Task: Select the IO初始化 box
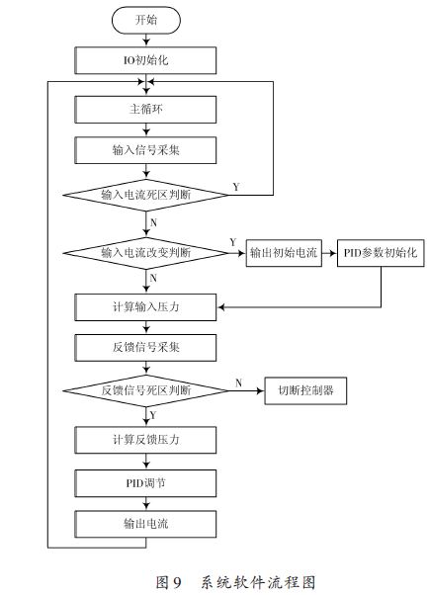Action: click(x=145, y=61)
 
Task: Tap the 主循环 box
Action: click(x=145, y=108)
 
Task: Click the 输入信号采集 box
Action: click(x=145, y=150)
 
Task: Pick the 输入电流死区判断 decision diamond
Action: click(x=145, y=195)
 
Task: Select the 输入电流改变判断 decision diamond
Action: click(x=145, y=253)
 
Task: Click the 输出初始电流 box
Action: click(x=283, y=253)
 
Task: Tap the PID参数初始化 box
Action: click(x=381, y=253)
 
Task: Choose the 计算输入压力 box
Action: click(x=145, y=306)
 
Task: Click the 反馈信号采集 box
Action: click(x=145, y=348)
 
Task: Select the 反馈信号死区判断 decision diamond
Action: click(x=145, y=390)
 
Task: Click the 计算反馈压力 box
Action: click(x=145, y=438)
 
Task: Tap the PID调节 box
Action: click(x=145, y=481)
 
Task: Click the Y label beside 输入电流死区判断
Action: click(x=234, y=186)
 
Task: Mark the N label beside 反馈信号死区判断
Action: click(x=238, y=382)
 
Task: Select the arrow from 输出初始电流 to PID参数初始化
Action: click(x=329, y=253)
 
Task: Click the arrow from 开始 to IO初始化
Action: click(x=145, y=41)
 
